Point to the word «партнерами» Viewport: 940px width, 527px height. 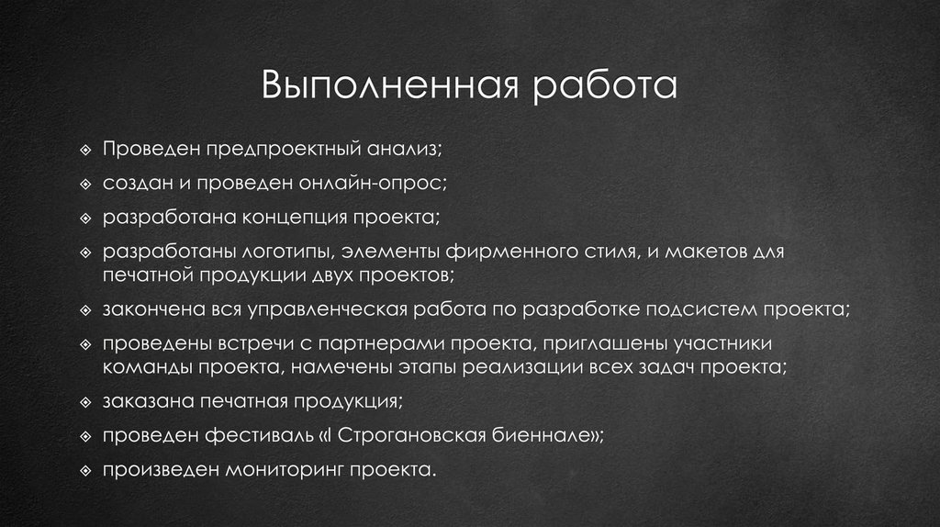tap(373, 344)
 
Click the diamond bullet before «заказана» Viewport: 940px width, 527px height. tap(85, 402)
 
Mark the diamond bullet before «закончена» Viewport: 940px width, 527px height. tap(85, 310)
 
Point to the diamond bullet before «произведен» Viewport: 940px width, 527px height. tap(85, 471)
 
